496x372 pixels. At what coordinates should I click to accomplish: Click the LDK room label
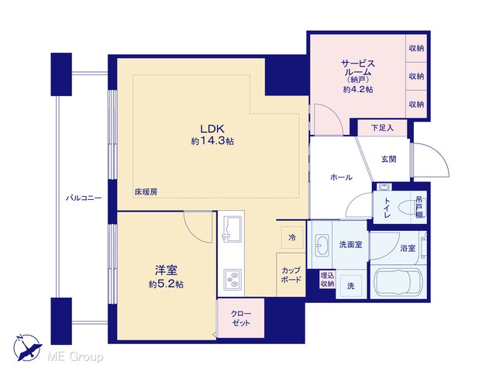[x=212, y=129]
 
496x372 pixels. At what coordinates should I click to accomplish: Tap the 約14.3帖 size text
[x=212, y=141]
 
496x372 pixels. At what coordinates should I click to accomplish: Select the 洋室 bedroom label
[x=166, y=270]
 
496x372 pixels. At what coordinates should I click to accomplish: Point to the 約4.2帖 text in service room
[x=358, y=90]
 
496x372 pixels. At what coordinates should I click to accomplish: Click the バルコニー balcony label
[x=84, y=198]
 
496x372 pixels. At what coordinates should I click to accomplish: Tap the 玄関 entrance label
[x=388, y=159]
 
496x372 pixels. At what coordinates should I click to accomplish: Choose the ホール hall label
[x=341, y=177]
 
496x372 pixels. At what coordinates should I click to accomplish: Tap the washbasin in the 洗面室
[x=322, y=245]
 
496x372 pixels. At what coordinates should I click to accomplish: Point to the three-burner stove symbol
[x=232, y=280]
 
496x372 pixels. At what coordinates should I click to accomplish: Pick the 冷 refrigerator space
[x=292, y=237]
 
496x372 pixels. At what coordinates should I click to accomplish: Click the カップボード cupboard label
[x=291, y=275]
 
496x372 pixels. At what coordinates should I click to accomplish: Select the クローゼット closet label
[x=241, y=319]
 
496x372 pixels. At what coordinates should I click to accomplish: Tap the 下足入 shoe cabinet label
[x=382, y=128]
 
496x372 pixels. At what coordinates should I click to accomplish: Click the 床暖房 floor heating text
[x=146, y=191]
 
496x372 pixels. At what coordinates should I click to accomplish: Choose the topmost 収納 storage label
[x=416, y=48]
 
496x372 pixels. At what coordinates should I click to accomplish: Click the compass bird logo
[x=27, y=348]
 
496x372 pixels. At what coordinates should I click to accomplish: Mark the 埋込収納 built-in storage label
[x=327, y=279]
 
